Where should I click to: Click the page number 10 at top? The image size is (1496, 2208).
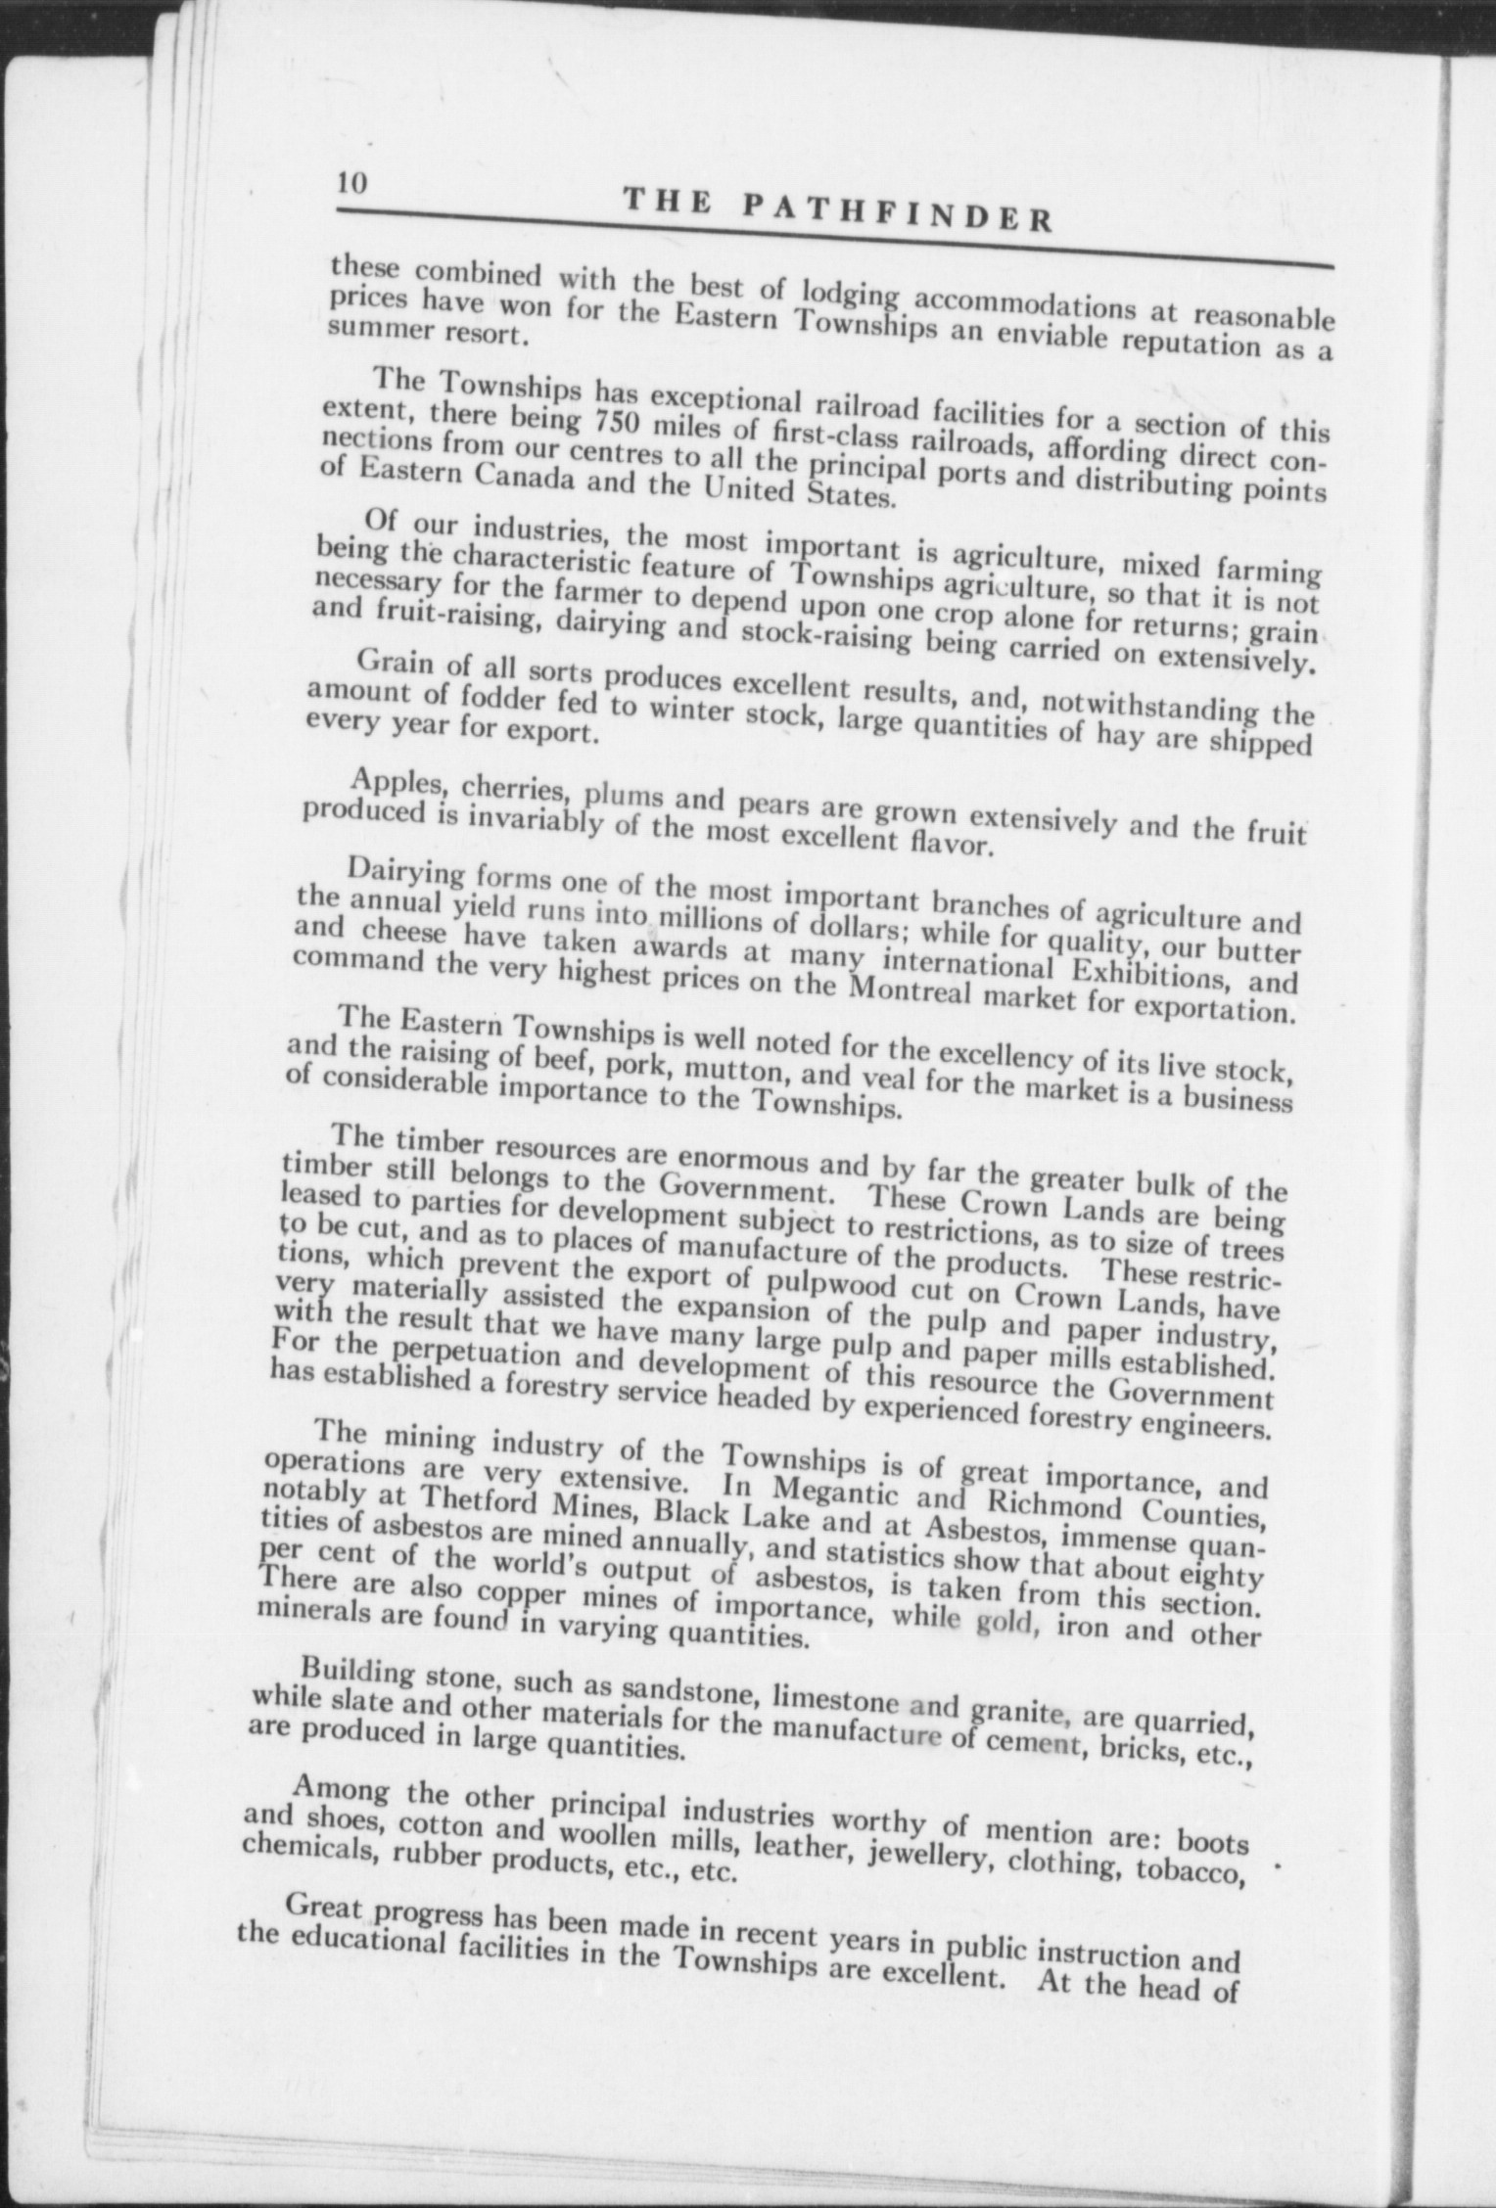click(x=351, y=185)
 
